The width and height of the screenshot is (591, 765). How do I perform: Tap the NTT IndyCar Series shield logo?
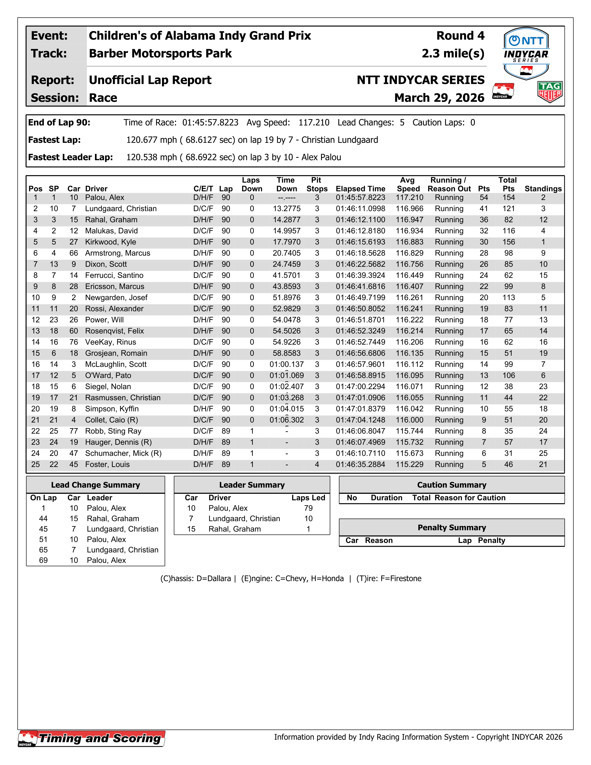pyautogui.click(x=526, y=54)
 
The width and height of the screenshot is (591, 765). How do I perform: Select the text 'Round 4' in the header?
pyautogui.click(x=460, y=36)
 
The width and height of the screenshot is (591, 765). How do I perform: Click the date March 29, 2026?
pyautogui.click(x=439, y=98)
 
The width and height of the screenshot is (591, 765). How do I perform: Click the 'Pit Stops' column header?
pyautogui.click(x=317, y=185)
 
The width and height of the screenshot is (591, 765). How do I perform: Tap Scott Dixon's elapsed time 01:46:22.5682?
pyautogui.click(x=360, y=264)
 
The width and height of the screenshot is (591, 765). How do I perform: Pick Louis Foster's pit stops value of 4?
pyautogui.click(x=317, y=464)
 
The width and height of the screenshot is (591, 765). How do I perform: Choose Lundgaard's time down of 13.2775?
pyautogui.click(x=286, y=209)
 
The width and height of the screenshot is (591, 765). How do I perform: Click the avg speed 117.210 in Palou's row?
pyautogui.click(x=409, y=197)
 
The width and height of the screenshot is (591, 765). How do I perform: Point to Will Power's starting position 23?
pyautogui.click(x=54, y=320)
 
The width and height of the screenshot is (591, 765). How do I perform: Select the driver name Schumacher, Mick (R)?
pyautogui.click(x=123, y=453)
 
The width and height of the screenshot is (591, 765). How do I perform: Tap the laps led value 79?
pyautogui.click(x=308, y=508)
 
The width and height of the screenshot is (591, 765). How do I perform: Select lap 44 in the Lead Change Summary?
pyautogui.click(x=43, y=519)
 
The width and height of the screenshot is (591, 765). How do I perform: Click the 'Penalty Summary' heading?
pyautogui.click(x=451, y=527)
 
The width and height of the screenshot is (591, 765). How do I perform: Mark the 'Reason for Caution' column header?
pyautogui.click(x=470, y=498)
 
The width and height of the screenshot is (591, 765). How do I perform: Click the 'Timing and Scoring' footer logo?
pyautogui.click(x=92, y=738)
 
